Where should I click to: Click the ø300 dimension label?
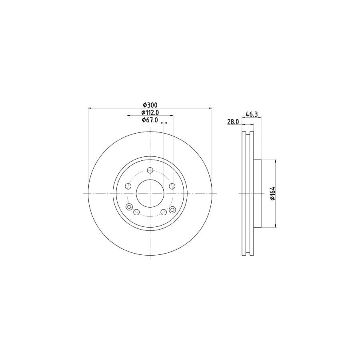[150, 105]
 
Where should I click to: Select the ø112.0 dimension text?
[150, 112]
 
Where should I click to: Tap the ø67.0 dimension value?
[150, 120]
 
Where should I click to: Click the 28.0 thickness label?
[233, 122]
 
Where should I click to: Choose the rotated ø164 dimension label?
[272, 193]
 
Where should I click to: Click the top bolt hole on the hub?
[150, 171]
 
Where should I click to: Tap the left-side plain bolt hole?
[128, 186]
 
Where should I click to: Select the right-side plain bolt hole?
[172, 186]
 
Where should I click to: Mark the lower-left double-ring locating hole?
[129, 207]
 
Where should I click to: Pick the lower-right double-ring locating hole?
[172, 210]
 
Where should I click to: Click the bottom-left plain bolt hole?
[136, 212]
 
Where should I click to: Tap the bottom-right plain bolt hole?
[164, 212]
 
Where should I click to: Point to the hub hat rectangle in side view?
[257, 193]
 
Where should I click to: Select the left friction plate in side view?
[244, 193]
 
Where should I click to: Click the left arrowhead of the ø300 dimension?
[90, 108]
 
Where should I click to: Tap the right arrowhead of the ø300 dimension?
[210, 108]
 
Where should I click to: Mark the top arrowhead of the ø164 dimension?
[276, 161]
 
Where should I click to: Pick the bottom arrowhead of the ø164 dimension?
[276, 226]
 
